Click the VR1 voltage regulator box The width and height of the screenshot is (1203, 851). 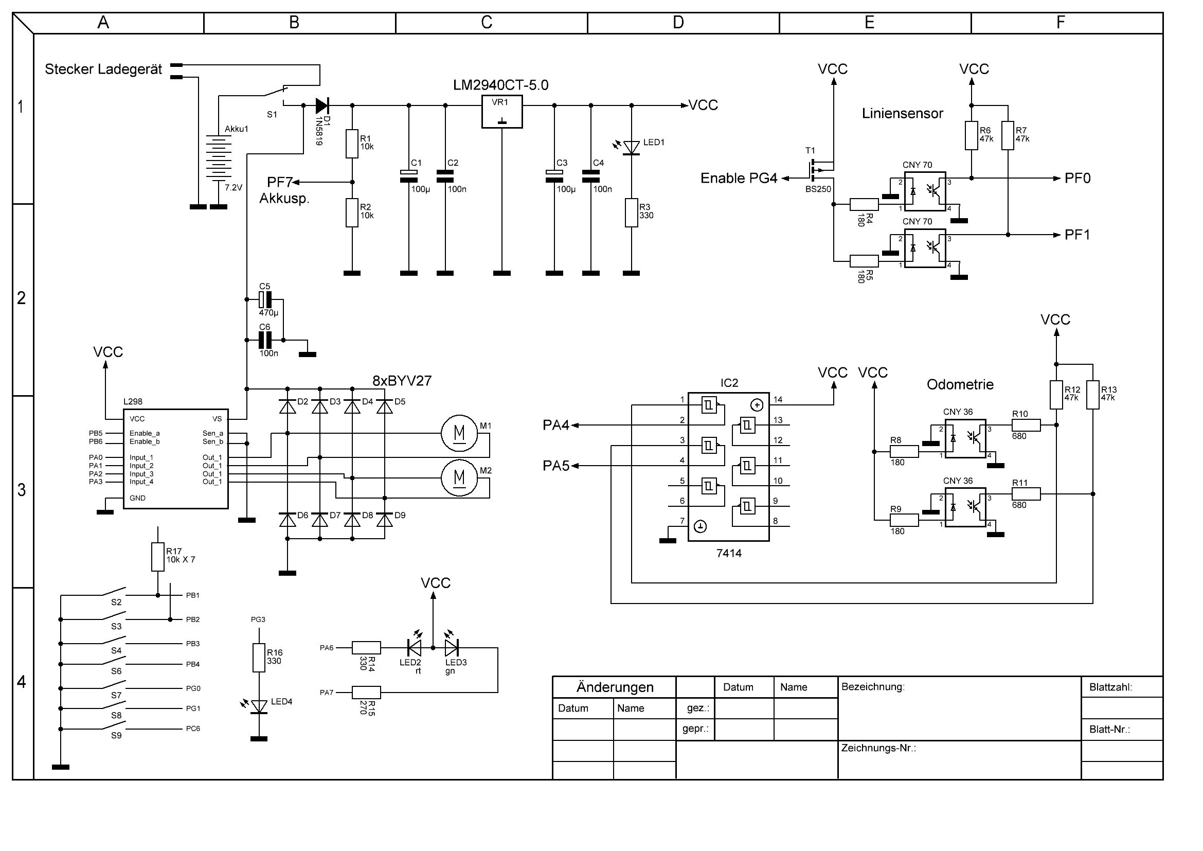click(x=502, y=112)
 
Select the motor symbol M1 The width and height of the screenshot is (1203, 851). click(x=459, y=433)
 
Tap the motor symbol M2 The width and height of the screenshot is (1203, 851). click(x=459, y=477)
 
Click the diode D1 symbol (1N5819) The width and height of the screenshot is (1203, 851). click(x=321, y=105)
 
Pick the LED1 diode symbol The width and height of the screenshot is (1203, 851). click(x=632, y=147)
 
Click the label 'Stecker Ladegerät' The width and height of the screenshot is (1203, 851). click(x=103, y=69)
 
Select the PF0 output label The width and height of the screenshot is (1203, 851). click(x=1078, y=178)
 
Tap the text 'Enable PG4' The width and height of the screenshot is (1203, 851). click(x=739, y=178)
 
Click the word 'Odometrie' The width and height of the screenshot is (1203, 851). click(x=960, y=385)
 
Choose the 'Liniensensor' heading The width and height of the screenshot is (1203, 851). click(x=902, y=113)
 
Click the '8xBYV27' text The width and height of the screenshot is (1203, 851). click(x=402, y=381)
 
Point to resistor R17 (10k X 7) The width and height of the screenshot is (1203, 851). click(x=158, y=557)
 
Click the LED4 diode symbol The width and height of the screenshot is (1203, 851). click(x=259, y=706)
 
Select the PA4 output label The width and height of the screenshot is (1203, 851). click(x=555, y=425)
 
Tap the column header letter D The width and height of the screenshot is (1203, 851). click(x=678, y=23)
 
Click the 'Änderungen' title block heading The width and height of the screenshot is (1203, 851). click(x=615, y=687)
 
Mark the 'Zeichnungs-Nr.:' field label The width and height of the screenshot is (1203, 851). click(x=878, y=748)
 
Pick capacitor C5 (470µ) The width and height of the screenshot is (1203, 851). click(x=265, y=300)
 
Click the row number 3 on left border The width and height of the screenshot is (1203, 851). click(x=22, y=490)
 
